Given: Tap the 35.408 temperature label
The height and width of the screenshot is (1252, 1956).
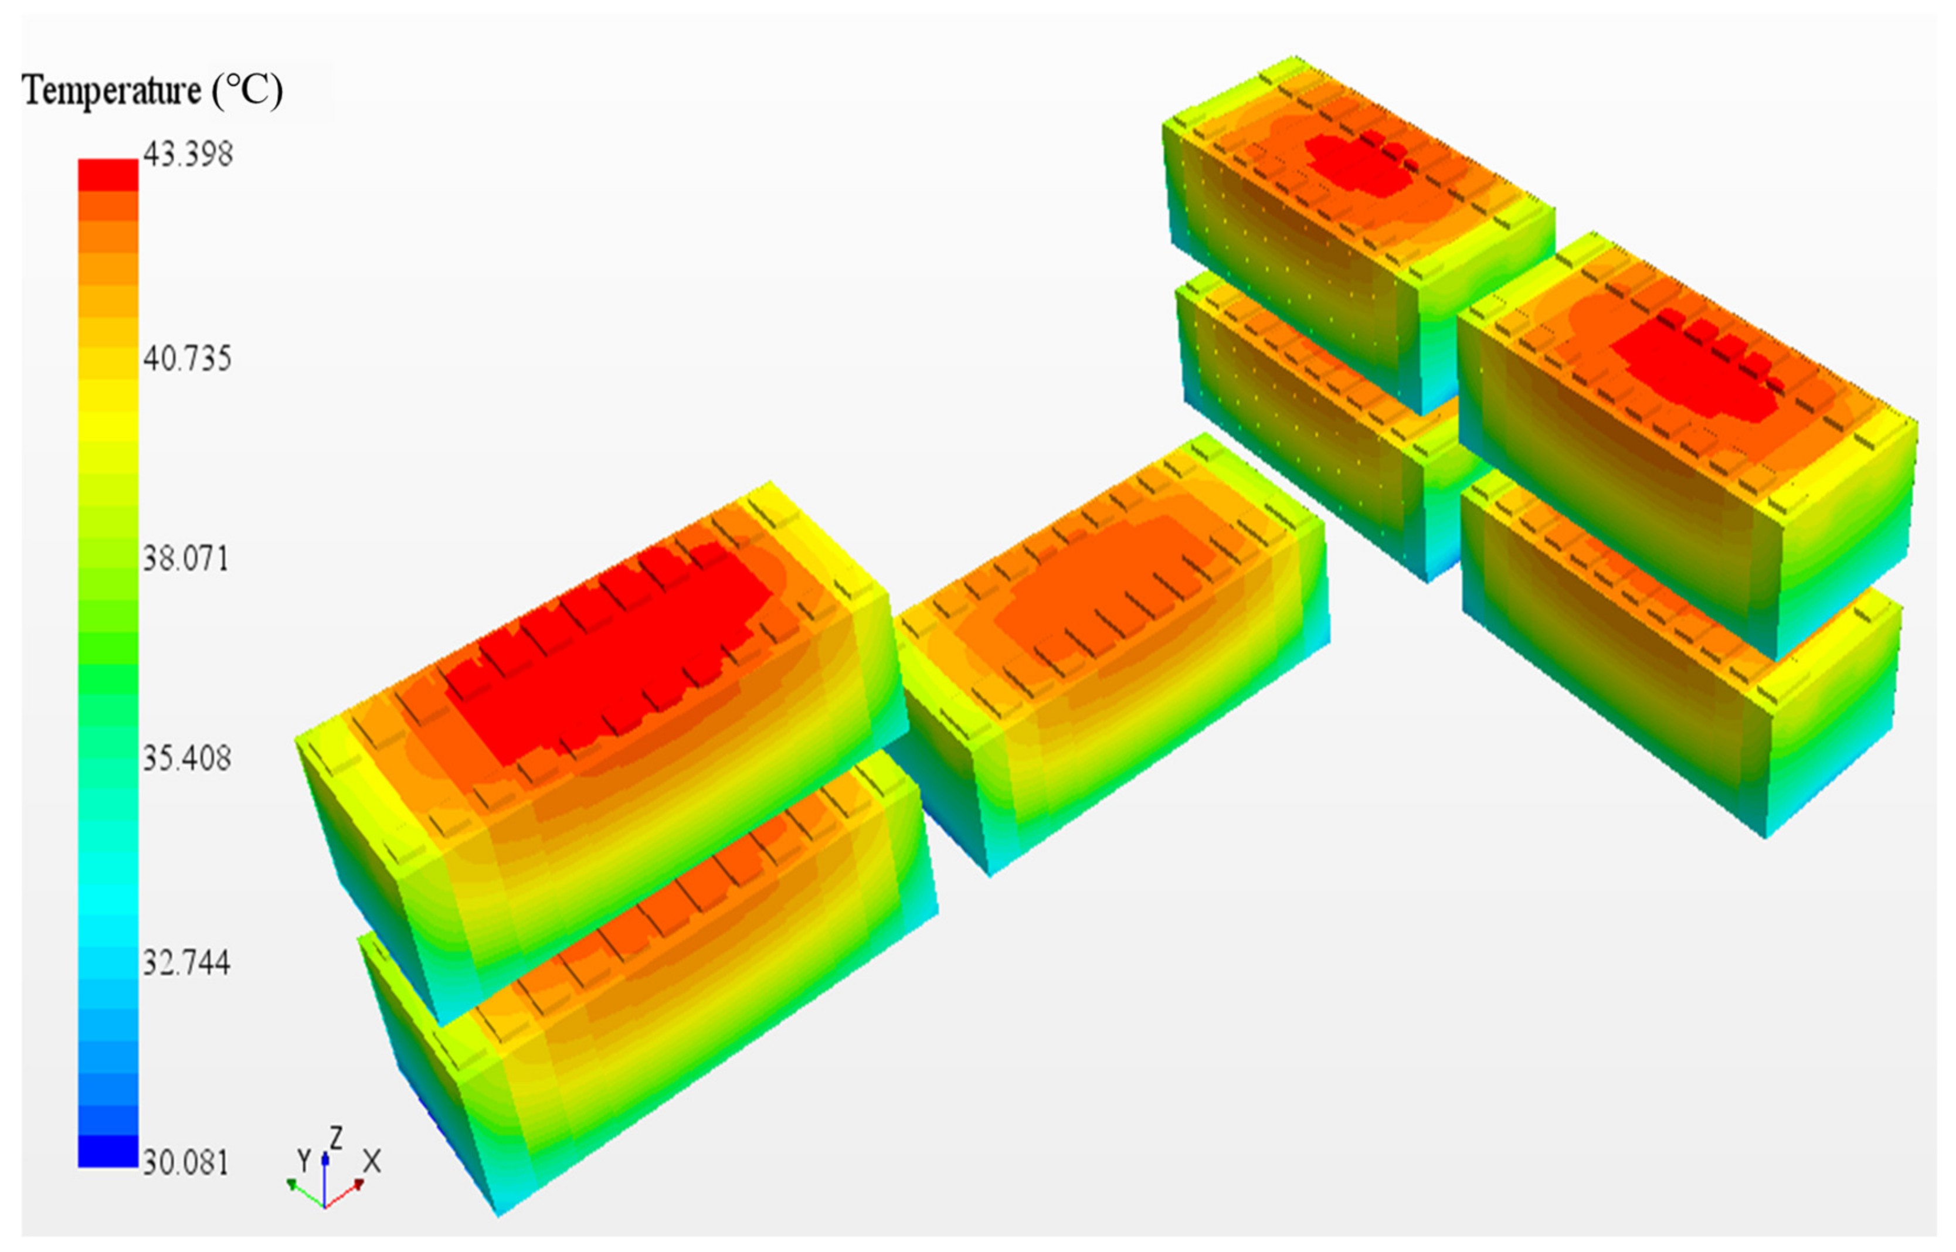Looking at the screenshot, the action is coord(187,758).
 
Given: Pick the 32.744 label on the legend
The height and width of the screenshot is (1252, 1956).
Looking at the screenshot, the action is coord(186,962).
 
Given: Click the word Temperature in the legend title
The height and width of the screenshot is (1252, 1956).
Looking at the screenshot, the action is coord(111,91).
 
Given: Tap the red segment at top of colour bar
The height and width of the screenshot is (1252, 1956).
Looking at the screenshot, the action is coord(108,175).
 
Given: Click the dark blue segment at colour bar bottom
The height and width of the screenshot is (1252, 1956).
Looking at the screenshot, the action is coord(108,1151).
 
